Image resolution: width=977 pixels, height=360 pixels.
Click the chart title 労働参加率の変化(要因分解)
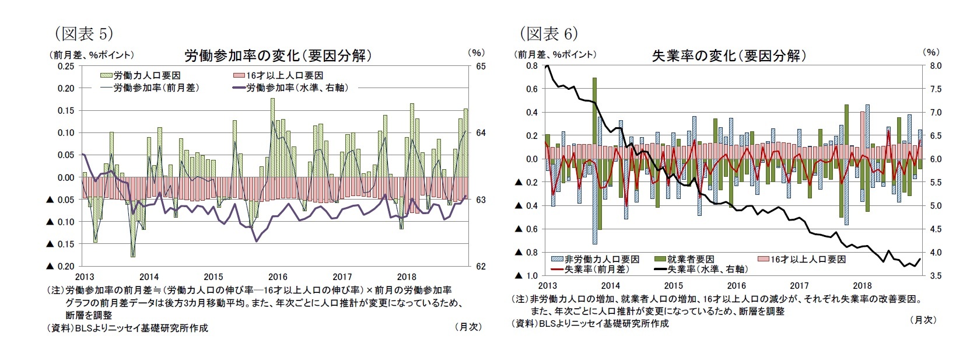pyautogui.click(x=278, y=55)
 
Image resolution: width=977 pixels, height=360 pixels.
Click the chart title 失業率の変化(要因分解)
pyautogui.click(x=729, y=55)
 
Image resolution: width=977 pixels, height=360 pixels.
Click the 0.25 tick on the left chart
pyautogui.click(x=66, y=66)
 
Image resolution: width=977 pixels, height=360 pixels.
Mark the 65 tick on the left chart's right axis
pyautogui.click(x=481, y=67)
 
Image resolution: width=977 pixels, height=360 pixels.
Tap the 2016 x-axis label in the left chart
pyautogui.click(x=278, y=277)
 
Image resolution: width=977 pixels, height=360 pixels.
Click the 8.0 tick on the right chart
pyautogui.click(x=931, y=66)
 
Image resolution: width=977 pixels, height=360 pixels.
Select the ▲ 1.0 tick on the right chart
pyautogui.click(x=525, y=275)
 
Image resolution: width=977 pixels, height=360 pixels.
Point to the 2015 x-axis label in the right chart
pyautogui.click(x=674, y=285)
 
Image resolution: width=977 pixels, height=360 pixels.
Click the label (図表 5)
pyautogui.click(x=83, y=34)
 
